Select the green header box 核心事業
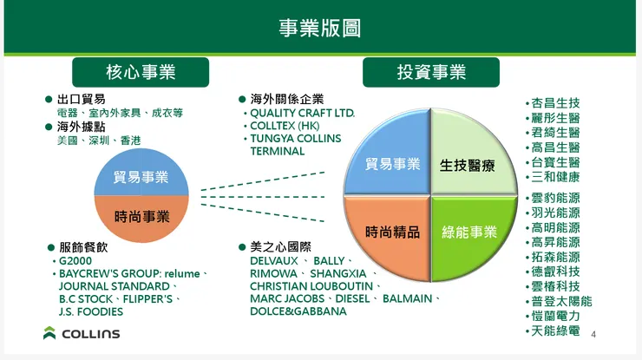(140, 72)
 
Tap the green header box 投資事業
(431, 72)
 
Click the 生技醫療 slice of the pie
(468, 164)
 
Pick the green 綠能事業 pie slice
(469, 232)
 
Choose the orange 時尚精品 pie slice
(392, 232)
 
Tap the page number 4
(593, 335)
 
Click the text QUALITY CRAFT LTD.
(303, 114)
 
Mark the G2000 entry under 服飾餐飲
(75, 260)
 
